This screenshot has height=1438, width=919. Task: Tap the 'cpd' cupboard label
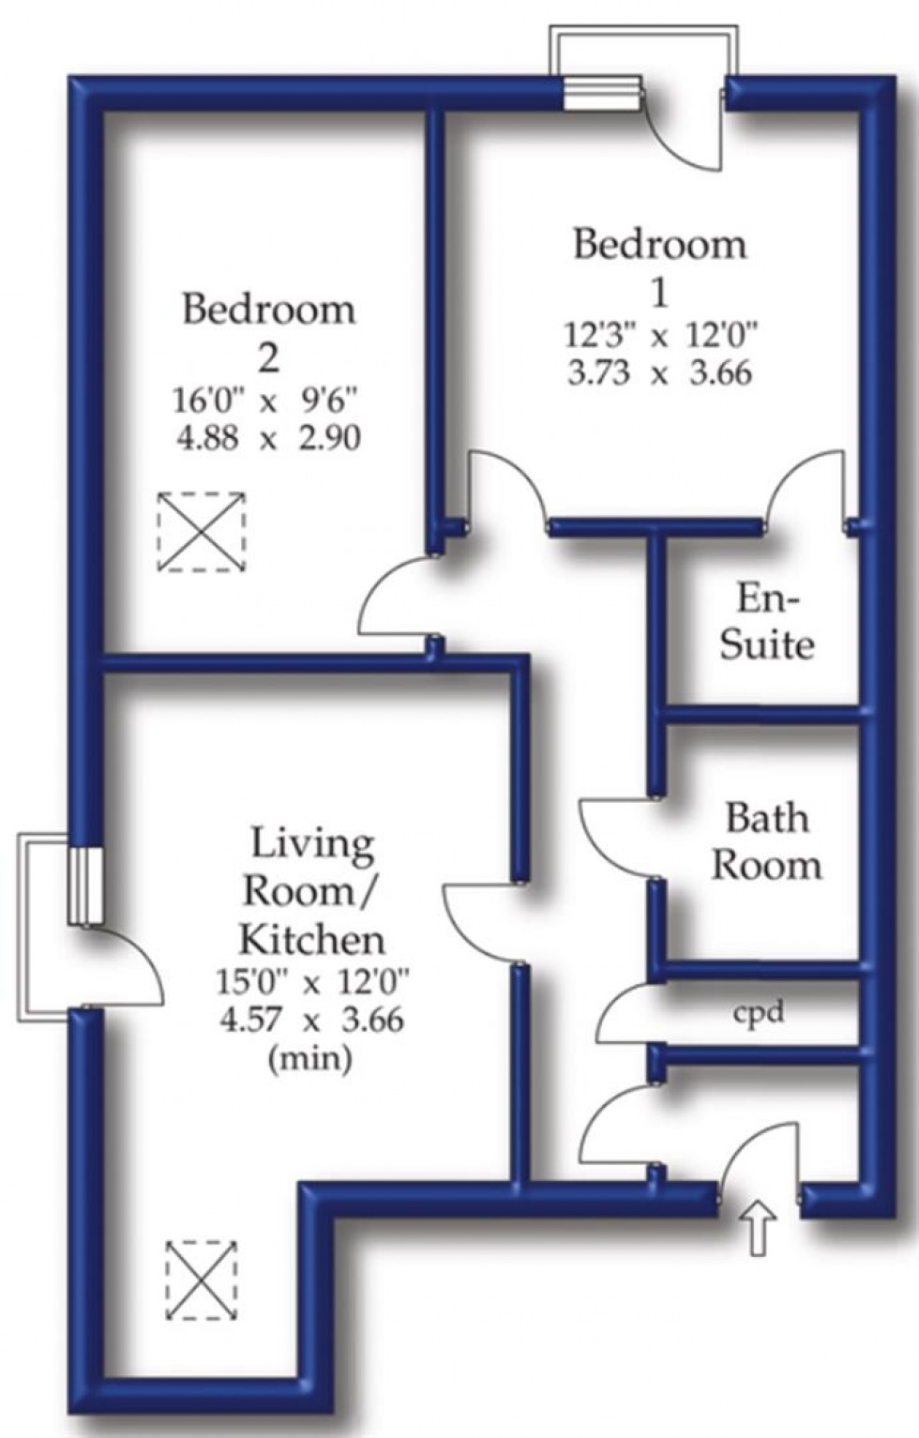pos(759,1012)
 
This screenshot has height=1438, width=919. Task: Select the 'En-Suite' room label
pos(767,621)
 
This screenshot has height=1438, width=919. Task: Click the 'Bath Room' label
pos(767,841)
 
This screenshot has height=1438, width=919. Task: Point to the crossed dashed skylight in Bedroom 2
pos(202,531)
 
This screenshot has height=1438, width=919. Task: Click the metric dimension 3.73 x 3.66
pos(660,373)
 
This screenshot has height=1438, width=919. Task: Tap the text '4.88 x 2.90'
pos(268,439)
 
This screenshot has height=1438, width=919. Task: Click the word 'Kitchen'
pos(312,941)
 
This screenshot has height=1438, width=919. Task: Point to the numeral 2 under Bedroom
pos(268,359)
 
